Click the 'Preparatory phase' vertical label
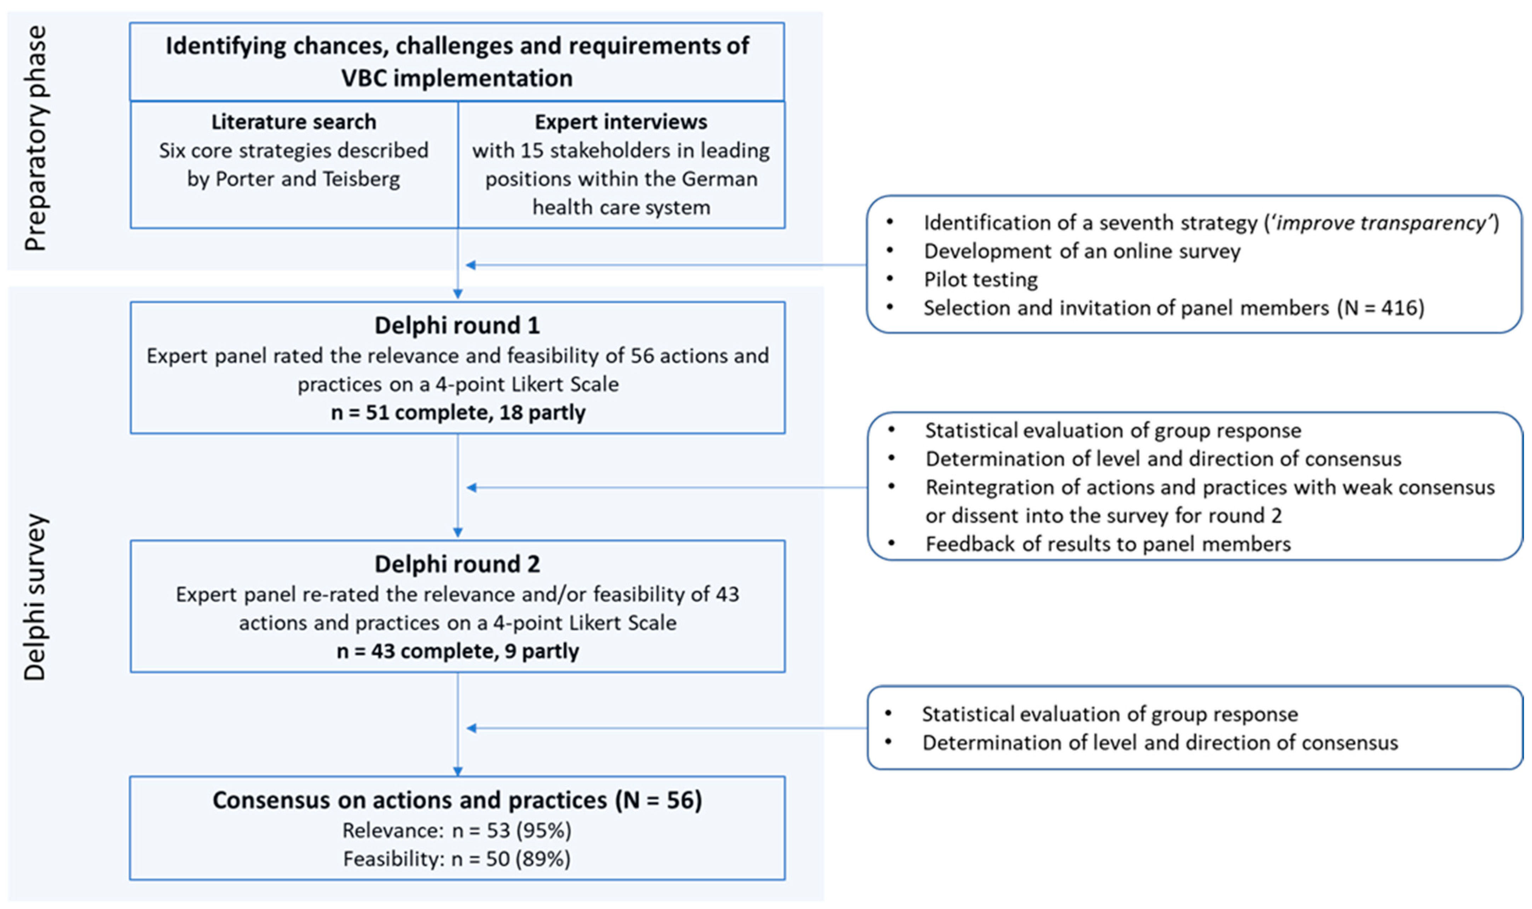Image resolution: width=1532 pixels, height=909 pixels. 35,138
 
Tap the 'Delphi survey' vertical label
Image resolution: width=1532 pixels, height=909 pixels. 35,597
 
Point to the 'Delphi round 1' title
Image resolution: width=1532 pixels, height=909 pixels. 457,325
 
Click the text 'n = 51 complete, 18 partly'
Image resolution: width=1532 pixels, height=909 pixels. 457,412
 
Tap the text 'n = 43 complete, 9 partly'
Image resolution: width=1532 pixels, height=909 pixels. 457,650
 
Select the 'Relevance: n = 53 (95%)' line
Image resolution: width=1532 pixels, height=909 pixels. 456,830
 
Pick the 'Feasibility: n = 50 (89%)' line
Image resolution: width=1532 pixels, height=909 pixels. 456,859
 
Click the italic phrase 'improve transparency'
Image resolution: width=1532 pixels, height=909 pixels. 1381,223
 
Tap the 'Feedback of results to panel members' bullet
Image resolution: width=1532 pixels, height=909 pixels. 1107,544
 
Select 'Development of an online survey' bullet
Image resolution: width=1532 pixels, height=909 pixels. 1082,251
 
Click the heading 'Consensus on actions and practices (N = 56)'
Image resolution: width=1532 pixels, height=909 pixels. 457,800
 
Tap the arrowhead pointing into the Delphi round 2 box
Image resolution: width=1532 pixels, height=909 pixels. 457,533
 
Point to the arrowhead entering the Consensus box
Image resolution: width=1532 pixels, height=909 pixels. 457,771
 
